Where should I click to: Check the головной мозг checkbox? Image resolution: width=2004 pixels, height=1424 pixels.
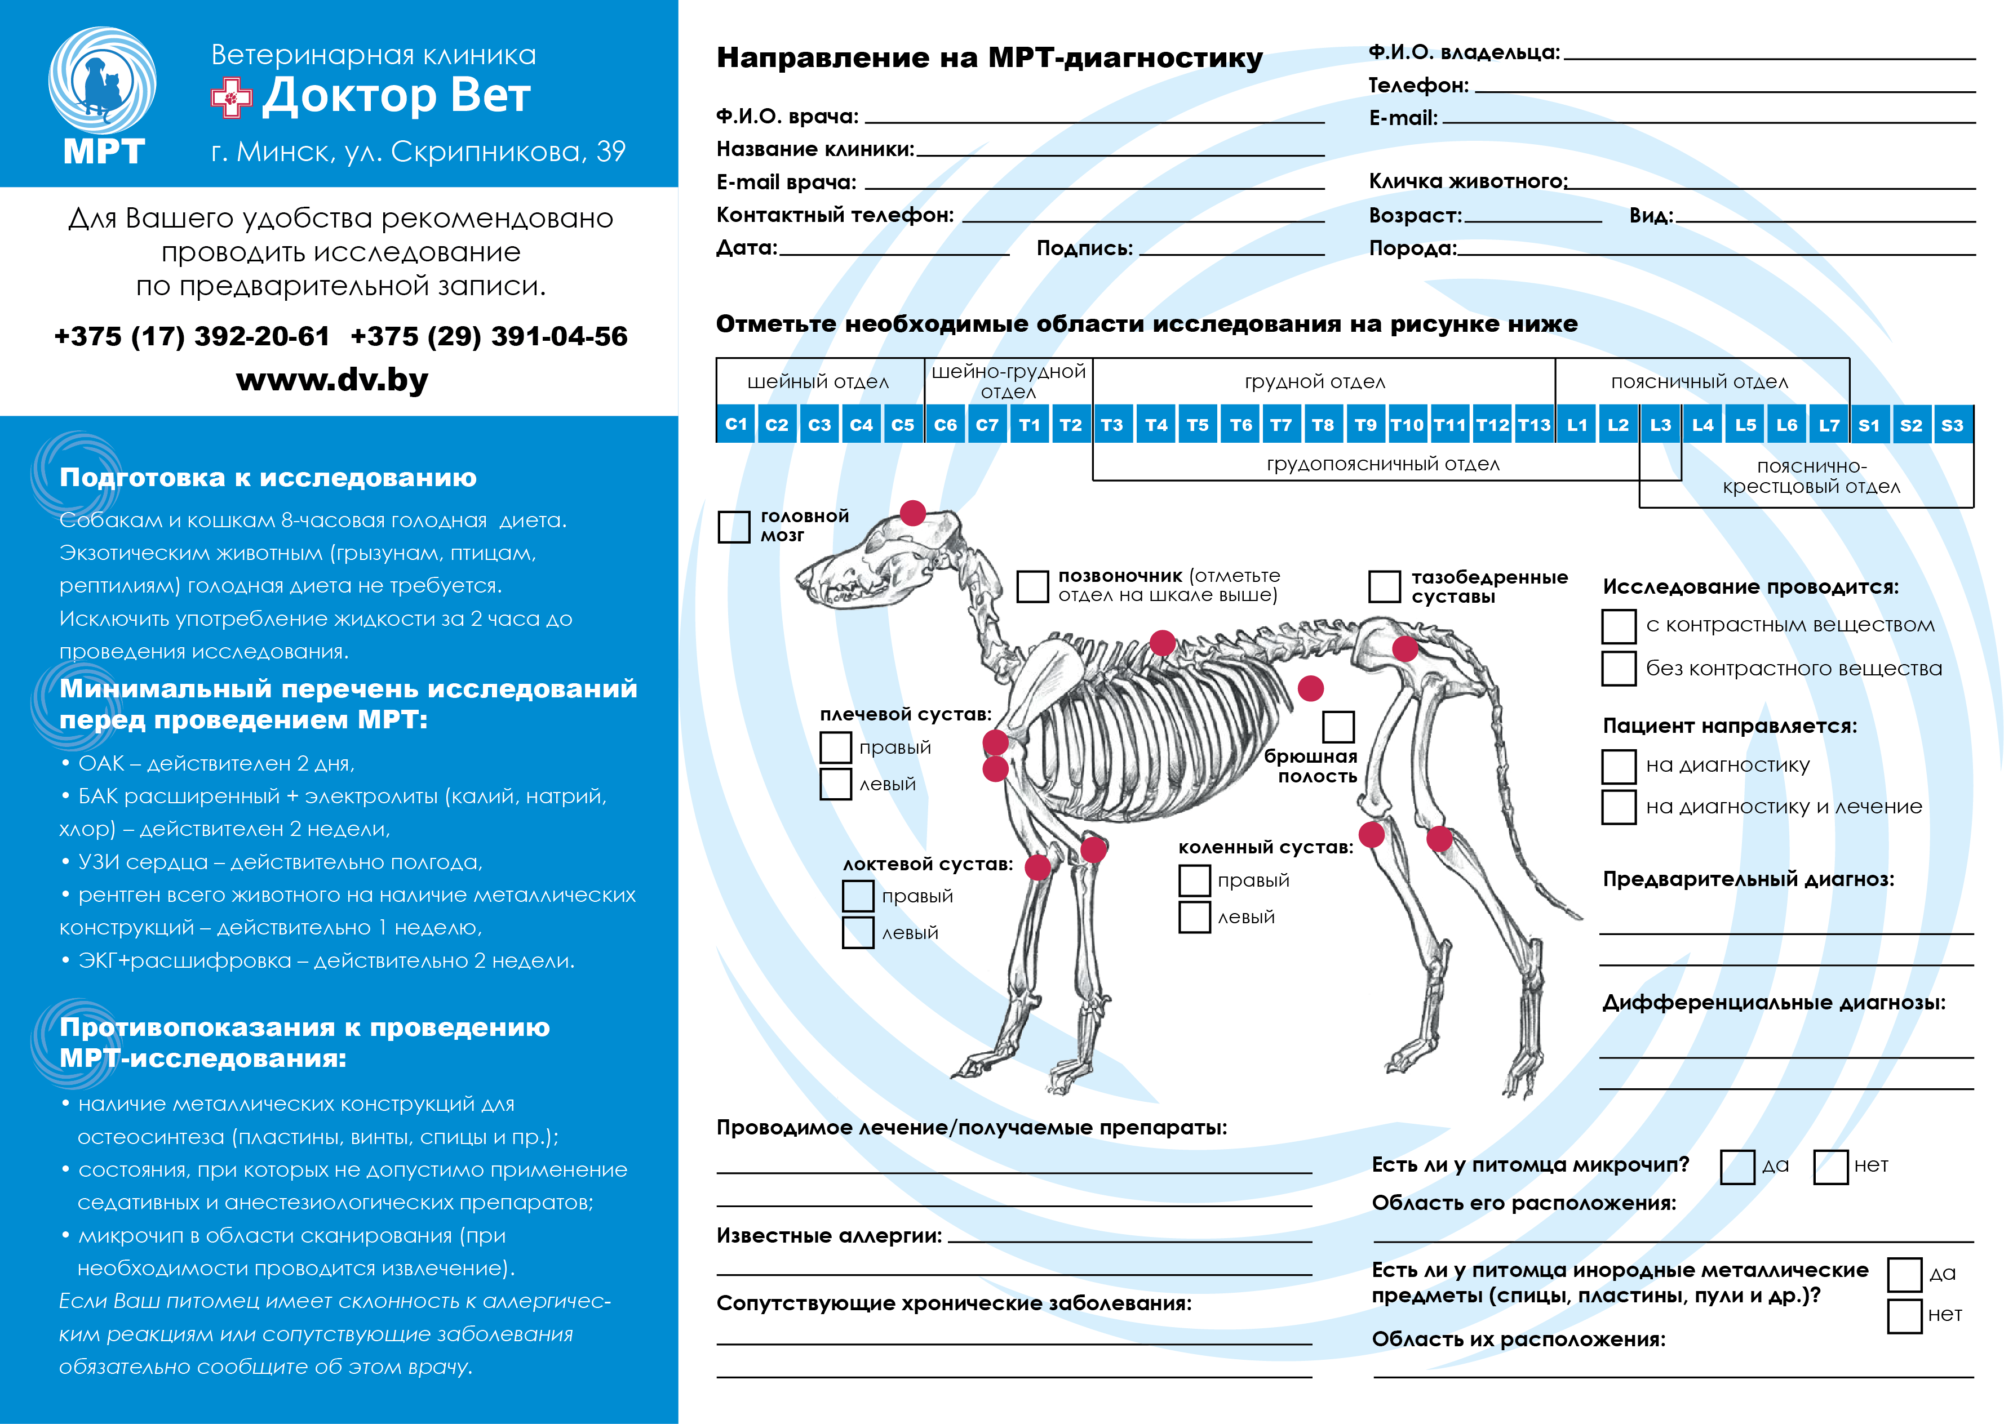[734, 527]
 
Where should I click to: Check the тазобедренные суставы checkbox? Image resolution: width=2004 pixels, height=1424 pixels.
[1385, 586]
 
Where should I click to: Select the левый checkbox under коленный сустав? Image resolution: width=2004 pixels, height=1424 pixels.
[1195, 917]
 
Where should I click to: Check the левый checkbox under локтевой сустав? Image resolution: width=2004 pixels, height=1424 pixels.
[858, 933]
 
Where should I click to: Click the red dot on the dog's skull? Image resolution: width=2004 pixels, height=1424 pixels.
[913, 513]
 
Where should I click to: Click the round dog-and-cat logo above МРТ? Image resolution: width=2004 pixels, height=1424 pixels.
[103, 81]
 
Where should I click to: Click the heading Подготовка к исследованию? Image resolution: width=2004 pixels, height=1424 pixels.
[268, 478]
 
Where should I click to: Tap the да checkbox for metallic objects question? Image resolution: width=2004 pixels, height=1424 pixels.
[1905, 1275]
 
